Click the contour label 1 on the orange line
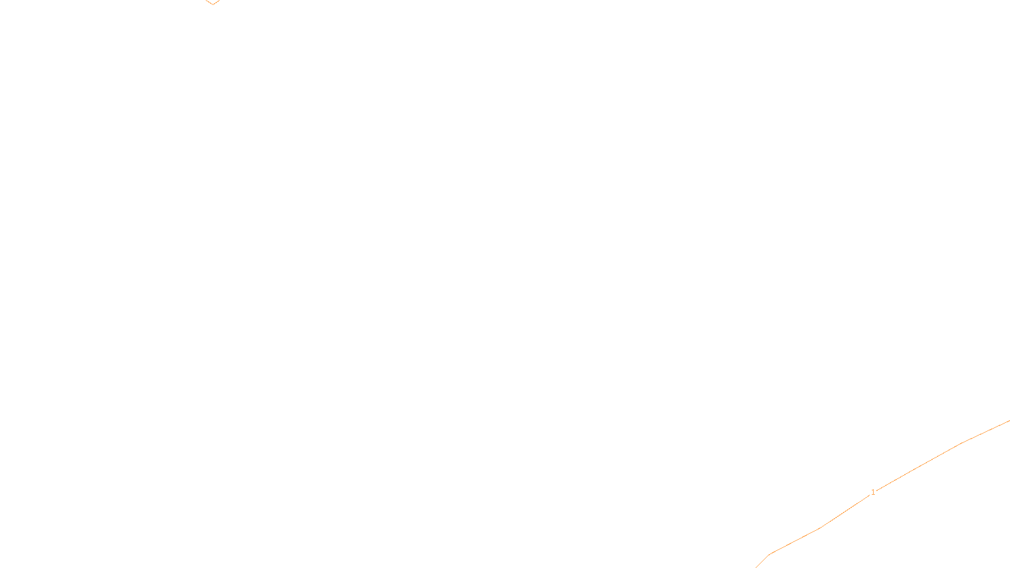click(873, 492)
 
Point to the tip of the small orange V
click(213, 4)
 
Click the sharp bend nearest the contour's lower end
click(770, 554)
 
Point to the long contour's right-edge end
click(1009, 421)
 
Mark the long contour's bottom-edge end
click(757, 567)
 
